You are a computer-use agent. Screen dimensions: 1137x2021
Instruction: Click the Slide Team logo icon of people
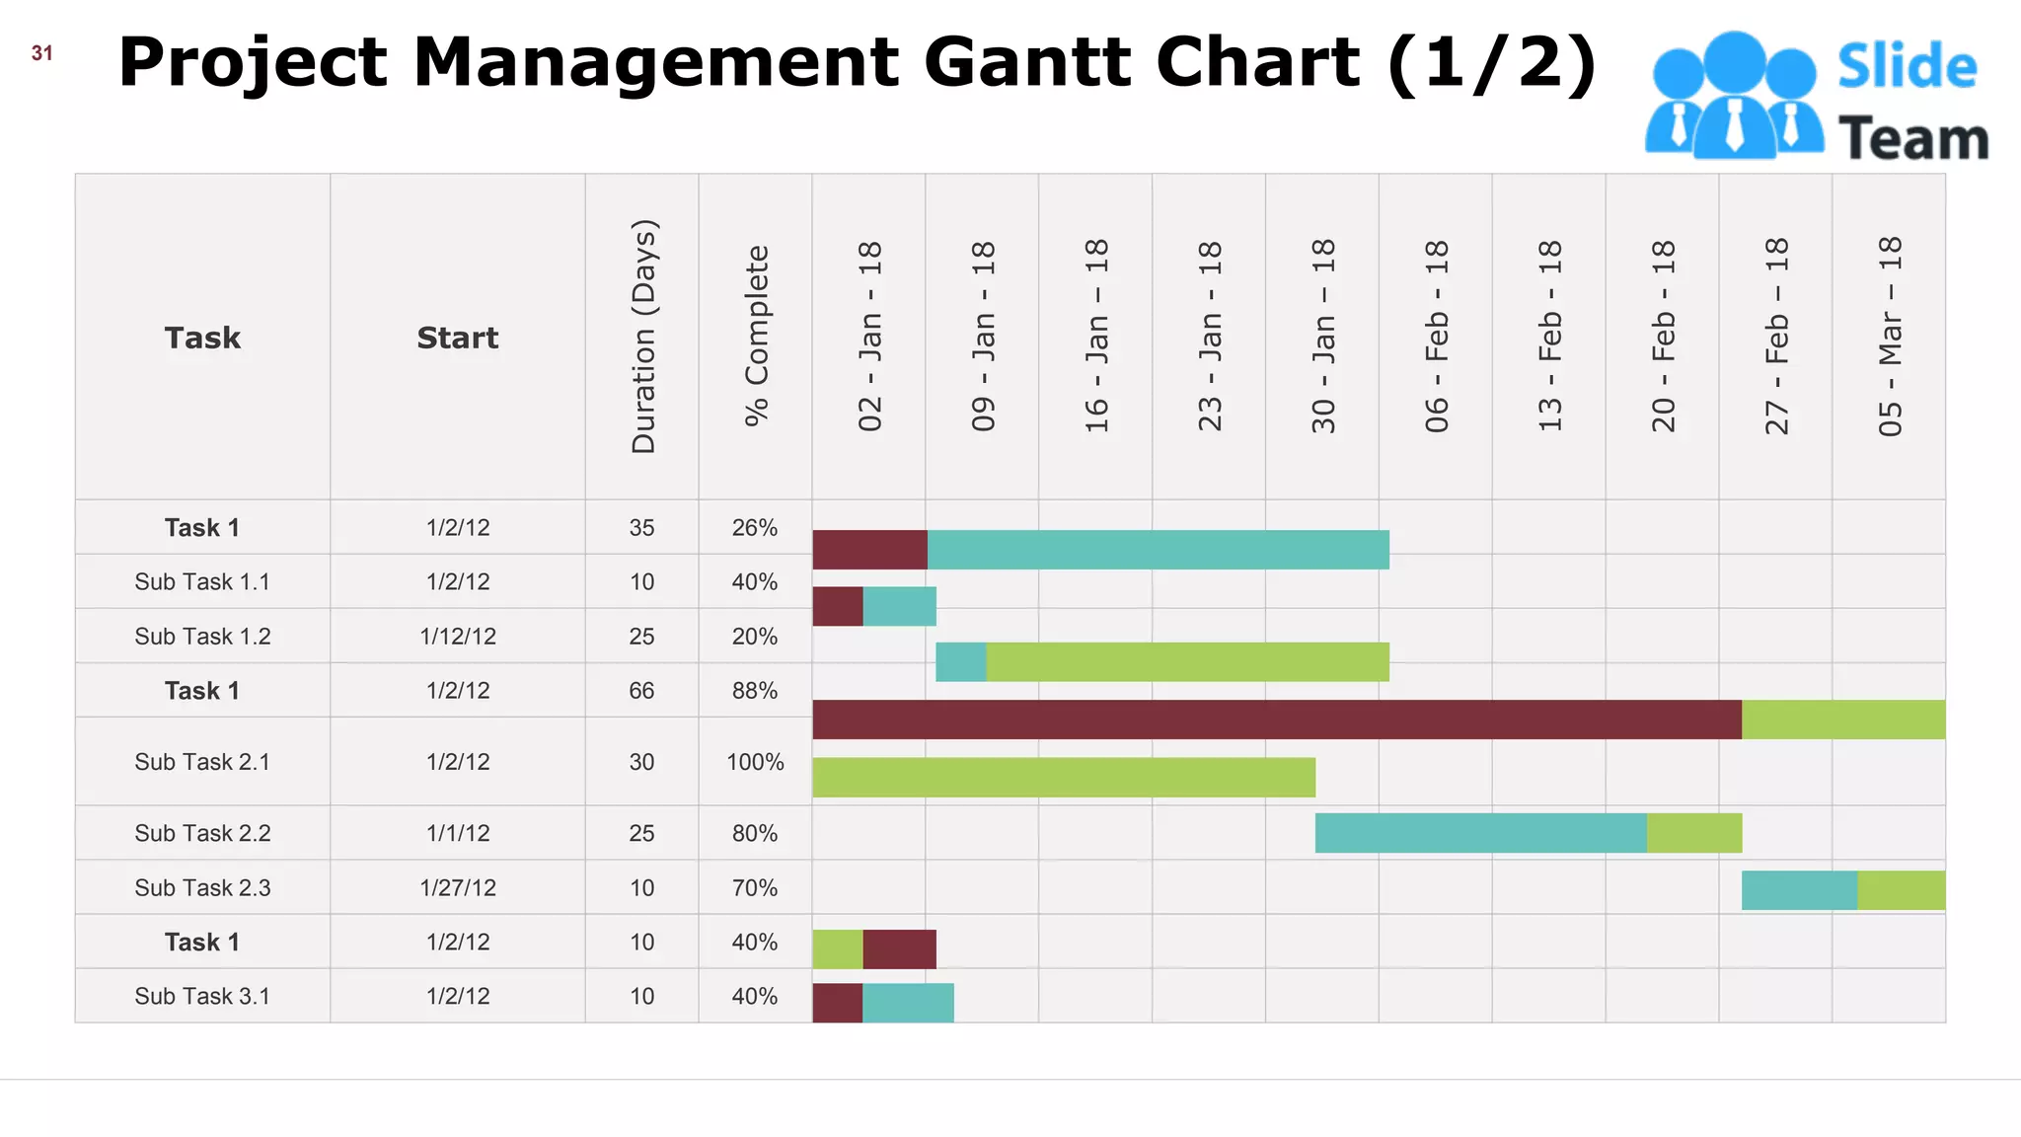point(1733,97)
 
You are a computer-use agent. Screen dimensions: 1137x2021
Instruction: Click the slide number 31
point(41,53)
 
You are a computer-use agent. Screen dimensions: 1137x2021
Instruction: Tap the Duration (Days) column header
point(642,336)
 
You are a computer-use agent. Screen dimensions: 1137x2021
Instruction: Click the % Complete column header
point(756,336)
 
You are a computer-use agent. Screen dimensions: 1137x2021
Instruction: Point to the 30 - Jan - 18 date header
point(1322,336)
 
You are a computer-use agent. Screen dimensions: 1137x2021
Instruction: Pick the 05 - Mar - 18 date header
point(1889,336)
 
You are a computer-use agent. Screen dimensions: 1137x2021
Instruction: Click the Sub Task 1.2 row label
point(202,637)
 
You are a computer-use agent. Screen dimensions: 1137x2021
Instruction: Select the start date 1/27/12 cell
point(458,888)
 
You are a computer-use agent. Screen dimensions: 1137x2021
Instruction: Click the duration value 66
point(641,691)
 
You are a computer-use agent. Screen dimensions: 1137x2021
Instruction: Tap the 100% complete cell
point(755,762)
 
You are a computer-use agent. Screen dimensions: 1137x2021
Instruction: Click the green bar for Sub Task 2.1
point(1064,778)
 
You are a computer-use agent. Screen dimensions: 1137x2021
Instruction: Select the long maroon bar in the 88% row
point(1277,720)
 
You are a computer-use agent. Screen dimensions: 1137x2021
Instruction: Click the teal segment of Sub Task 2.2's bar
point(1480,833)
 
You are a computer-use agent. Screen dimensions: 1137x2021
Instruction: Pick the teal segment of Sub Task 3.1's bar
point(908,1003)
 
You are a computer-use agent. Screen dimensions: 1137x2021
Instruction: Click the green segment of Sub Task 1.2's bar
point(1187,662)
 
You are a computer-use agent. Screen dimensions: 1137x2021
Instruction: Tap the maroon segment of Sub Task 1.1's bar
point(838,607)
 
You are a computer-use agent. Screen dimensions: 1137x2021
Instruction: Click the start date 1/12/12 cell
point(458,637)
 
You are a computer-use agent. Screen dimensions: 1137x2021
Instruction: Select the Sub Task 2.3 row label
point(202,888)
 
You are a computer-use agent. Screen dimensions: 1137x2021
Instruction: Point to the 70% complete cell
point(755,888)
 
